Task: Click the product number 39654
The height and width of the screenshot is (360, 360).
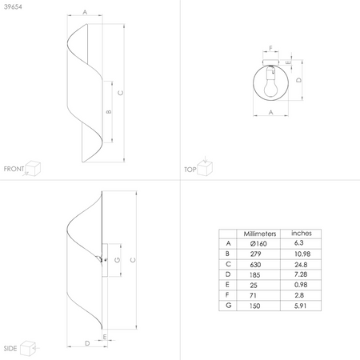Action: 13,6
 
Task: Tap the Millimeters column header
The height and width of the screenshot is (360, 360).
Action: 260,234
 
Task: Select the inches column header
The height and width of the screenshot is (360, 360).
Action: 302,234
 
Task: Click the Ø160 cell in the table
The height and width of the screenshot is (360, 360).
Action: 258,243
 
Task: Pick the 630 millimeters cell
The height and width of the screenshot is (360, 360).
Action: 255,265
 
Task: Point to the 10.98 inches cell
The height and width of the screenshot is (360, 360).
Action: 302,254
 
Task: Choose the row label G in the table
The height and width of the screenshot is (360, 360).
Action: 228,306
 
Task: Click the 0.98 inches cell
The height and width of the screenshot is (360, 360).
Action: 301,285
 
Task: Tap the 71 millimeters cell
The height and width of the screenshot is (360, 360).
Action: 253,295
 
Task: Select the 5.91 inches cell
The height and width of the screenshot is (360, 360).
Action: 300,306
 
